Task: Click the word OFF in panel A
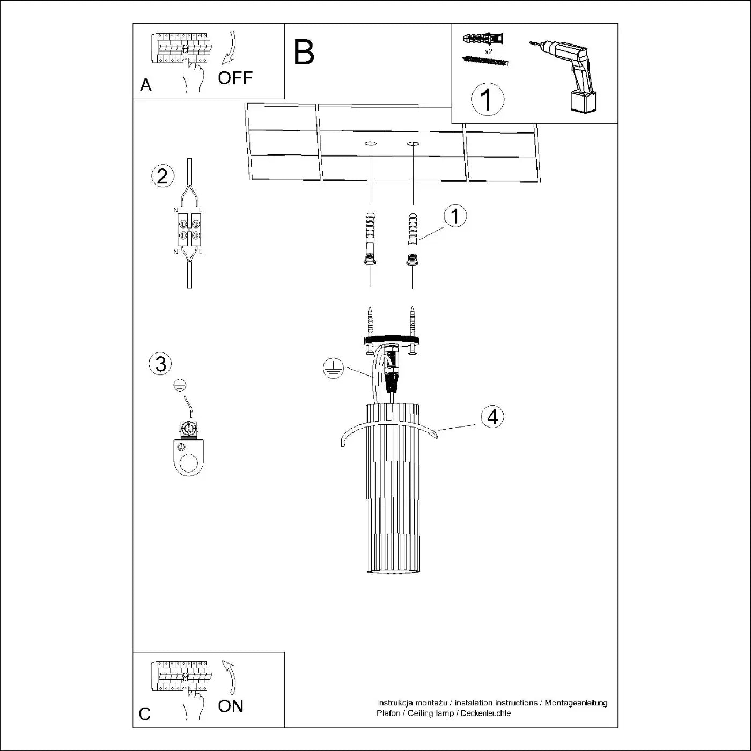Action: (x=235, y=78)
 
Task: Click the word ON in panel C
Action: (x=231, y=706)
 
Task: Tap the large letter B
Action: (x=304, y=53)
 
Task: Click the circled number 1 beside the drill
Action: (x=487, y=99)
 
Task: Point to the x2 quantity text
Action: (x=488, y=52)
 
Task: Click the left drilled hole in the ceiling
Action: (x=370, y=144)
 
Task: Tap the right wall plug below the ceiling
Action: (x=412, y=239)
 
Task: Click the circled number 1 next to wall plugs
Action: (x=455, y=216)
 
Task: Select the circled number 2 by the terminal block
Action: (x=163, y=176)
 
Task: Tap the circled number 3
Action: (x=160, y=364)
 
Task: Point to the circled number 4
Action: (x=492, y=417)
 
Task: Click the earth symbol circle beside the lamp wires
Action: (x=333, y=369)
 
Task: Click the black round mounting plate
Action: (x=391, y=340)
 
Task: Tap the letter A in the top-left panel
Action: (x=145, y=85)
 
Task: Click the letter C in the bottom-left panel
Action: (x=145, y=715)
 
